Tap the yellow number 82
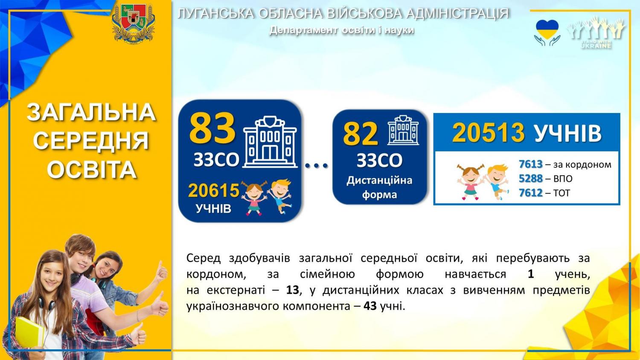click(x=361, y=134)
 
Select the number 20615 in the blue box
click(x=214, y=191)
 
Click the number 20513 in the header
click(x=488, y=133)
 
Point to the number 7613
click(x=531, y=164)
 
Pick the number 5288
click(x=531, y=179)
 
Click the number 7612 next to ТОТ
click(x=531, y=193)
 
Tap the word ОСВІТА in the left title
click(x=92, y=169)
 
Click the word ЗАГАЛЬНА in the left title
click(x=91, y=112)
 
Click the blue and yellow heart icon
click(x=547, y=29)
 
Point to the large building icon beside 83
click(x=270, y=142)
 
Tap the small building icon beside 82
click(x=403, y=130)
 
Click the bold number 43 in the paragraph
click(x=370, y=306)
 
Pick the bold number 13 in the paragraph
click(x=292, y=290)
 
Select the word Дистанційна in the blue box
click(x=379, y=180)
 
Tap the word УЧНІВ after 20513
click(x=567, y=133)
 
